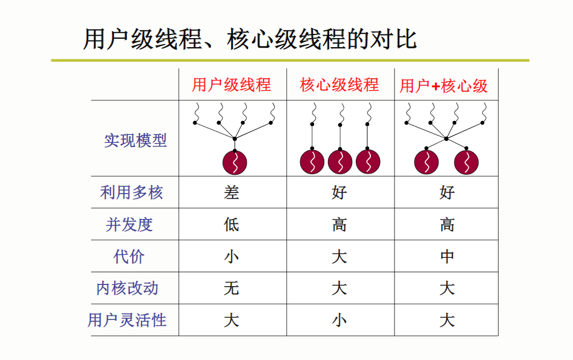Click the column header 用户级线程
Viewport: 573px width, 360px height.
pos(231,85)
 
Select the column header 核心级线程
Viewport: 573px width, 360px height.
pos(339,85)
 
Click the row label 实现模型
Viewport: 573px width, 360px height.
pos(136,140)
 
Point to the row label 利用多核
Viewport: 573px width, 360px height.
pos(131,192)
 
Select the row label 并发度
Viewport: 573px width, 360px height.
pos(129,224)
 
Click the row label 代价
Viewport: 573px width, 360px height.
pos(129,256)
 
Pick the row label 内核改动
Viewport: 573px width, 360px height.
pos(128,288)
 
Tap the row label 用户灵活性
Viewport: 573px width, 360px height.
pos(127,320)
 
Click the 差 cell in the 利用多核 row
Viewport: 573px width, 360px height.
pos(232,192)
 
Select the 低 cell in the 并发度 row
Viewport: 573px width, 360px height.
pos(232,224)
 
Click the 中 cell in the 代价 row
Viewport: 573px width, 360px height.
pos(447,257)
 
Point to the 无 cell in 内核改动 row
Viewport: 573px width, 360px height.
pos(232,289)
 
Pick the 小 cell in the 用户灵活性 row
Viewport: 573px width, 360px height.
pos(339,321)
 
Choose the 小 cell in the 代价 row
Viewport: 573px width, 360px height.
pos(232,257)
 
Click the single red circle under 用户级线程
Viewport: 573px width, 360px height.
pos(235,163)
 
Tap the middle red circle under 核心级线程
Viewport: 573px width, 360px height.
pos(340,162)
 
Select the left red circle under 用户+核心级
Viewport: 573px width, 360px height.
pos(427,162)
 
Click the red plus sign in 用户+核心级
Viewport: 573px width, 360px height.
pos(435,87)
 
